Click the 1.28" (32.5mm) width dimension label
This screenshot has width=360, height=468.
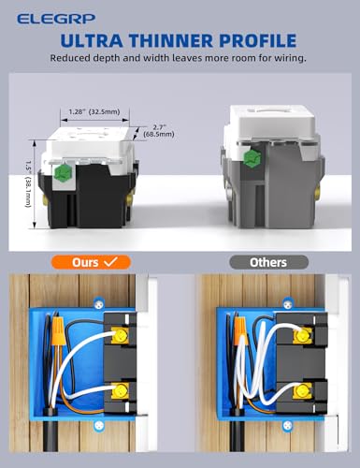[x=93, y=110]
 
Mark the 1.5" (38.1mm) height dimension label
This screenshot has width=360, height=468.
[x=33, y=185]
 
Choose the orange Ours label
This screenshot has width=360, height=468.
[x=91, y=263]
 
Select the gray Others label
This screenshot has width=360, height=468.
[x=268, y=263]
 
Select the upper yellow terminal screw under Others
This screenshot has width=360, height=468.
[x=300, y=332]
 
